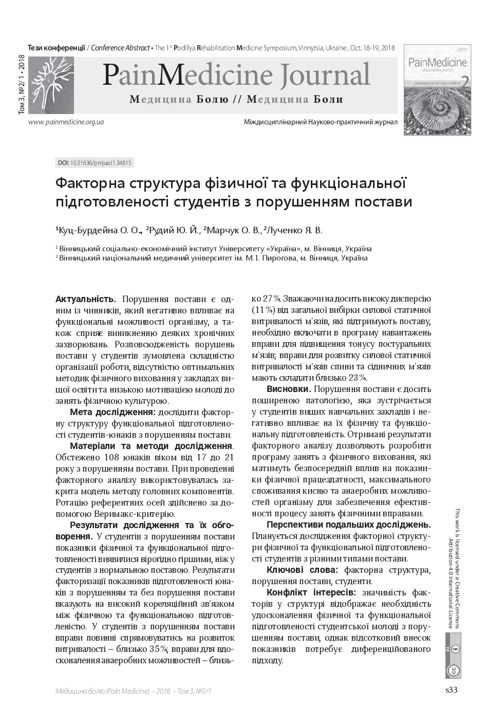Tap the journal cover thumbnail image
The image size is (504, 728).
tap(437, 89)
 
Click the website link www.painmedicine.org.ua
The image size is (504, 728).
tap(67, 122)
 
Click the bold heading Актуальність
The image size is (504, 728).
tap(85, 299)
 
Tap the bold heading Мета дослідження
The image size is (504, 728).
tap(113, 412)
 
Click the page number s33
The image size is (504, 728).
tap(451, 690)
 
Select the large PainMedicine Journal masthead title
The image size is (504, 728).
tap(236, 75)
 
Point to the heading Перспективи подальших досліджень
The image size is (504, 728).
tap(348, 525)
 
